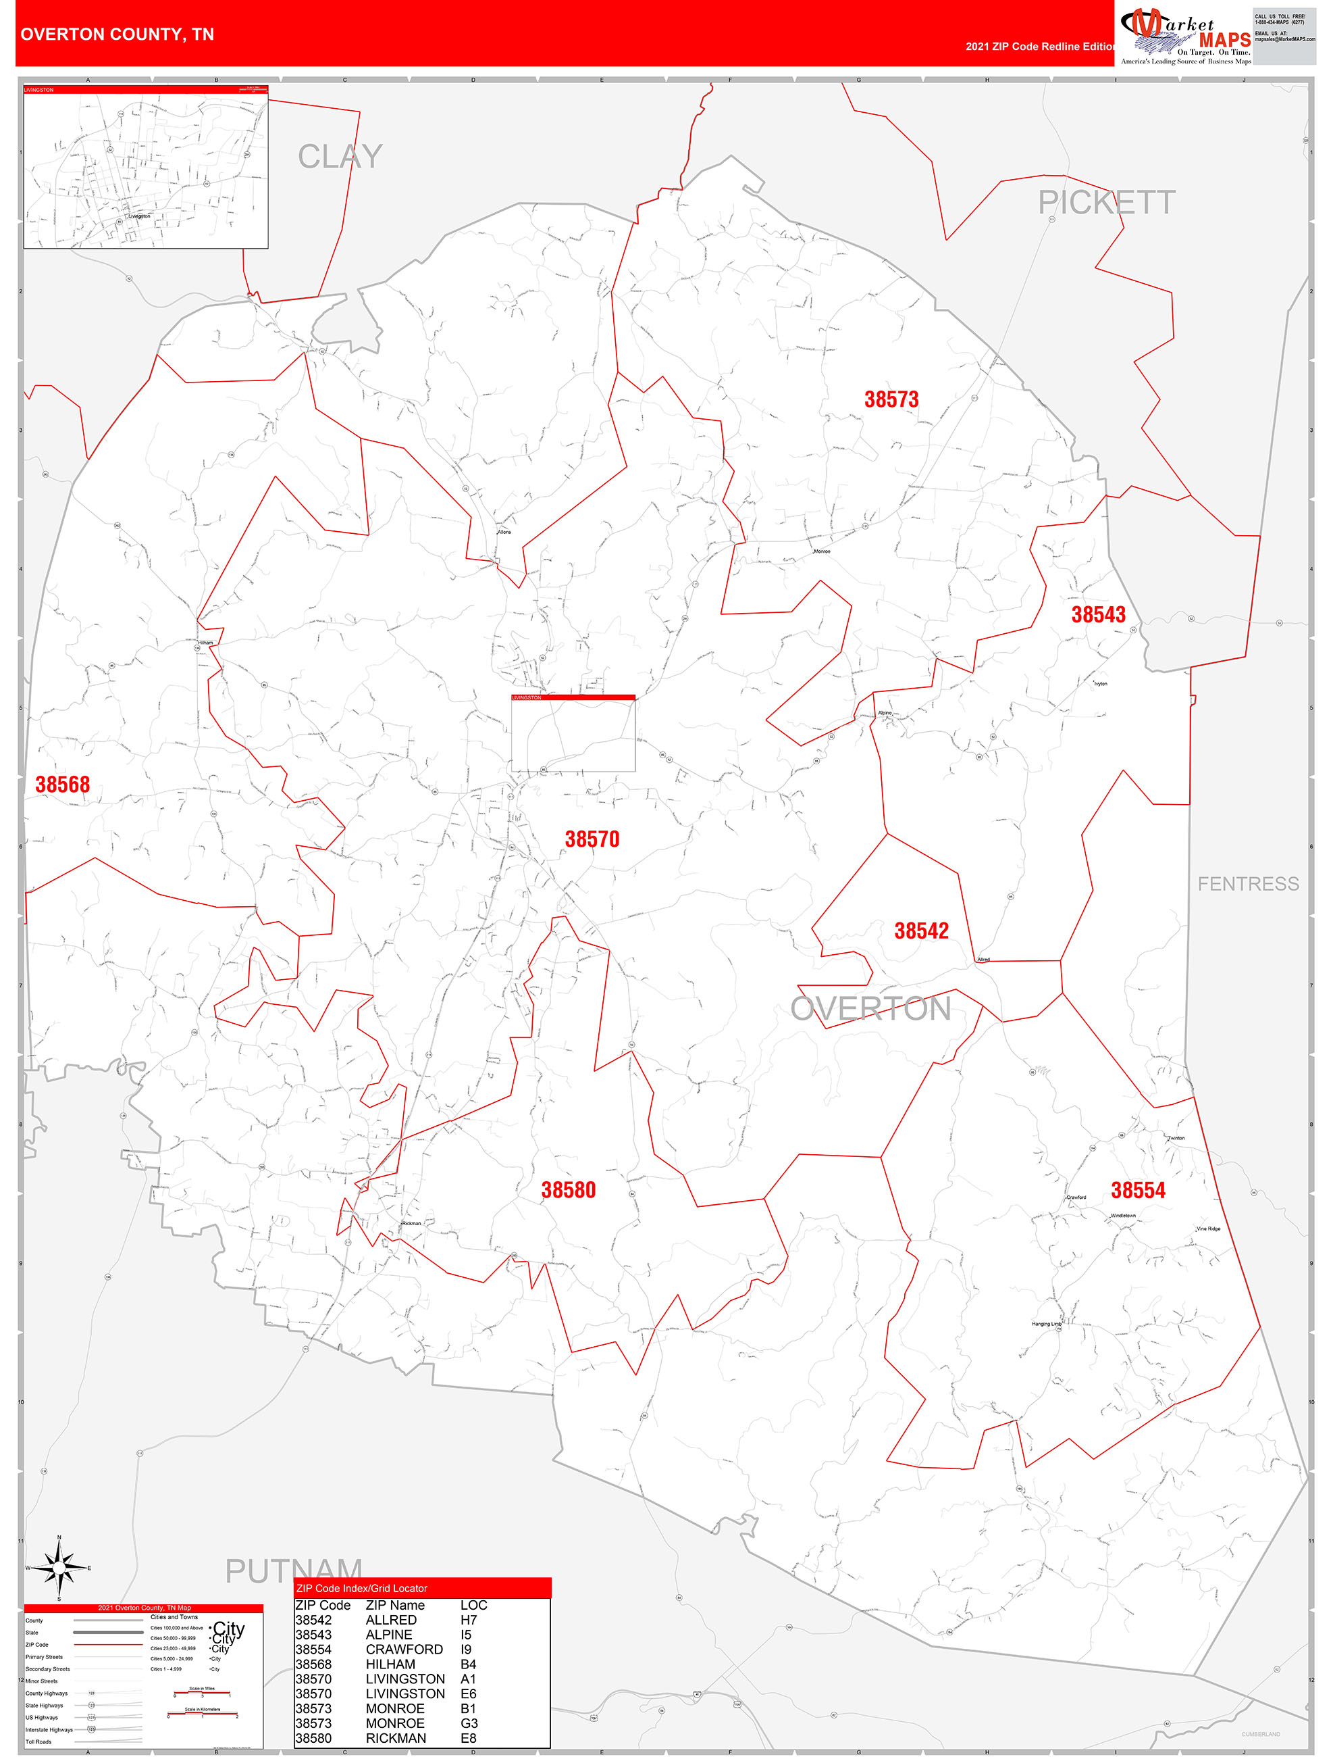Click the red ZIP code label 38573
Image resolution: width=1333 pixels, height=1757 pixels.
point(891,399)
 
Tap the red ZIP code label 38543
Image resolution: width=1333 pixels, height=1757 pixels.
point(1098,615)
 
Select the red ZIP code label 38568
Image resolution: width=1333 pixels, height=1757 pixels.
point(63,785)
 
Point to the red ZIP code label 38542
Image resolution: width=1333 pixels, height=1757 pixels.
point(921,931)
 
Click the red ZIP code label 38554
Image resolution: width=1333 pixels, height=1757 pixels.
point(1138,1190)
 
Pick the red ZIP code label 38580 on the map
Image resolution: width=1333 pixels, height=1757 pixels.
point(569,1190)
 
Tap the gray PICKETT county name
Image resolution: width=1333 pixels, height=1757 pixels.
point(1106,203)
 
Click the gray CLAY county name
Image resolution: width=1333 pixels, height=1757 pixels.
point(340,157)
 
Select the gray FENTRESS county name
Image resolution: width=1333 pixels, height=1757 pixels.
point(1248,884)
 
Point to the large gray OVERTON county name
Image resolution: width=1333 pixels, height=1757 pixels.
point(870,1009)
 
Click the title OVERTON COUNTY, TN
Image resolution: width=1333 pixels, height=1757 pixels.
point(117,34)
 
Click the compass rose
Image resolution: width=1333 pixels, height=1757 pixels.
point(59,1567)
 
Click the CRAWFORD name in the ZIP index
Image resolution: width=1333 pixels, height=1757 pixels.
point(404,1649)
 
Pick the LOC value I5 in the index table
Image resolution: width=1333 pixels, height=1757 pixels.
point(466,1635)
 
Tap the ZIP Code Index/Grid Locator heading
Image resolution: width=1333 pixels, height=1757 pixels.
point(361,1588)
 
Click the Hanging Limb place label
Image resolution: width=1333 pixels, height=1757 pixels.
point(1047,1324)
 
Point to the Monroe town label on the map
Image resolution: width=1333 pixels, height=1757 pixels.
point(822,551)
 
